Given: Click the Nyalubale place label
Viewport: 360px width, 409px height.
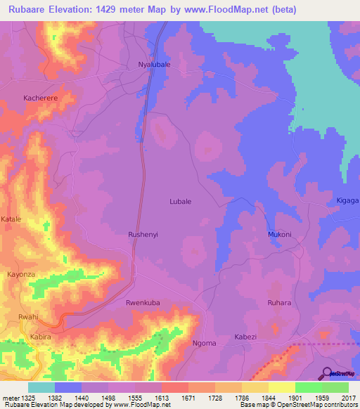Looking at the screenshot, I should tap(151, 65).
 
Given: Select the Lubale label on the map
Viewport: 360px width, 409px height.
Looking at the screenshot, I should tap(181, 201).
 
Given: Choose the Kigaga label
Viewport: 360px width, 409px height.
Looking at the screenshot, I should tap(348, 201).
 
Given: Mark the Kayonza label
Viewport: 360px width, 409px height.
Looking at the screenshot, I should tap(20, 274).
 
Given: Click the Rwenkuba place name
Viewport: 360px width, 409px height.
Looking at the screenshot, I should tap(143, 303).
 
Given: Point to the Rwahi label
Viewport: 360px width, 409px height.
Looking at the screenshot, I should tap(28, 318).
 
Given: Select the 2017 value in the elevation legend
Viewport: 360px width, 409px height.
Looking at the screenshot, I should tap(349, 397).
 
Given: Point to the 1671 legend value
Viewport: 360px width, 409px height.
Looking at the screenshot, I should tap(188, 397).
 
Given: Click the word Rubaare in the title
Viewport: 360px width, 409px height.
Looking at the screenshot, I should tap(34, 10).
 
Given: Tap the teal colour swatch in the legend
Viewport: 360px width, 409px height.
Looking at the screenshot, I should tap(41, 387).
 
